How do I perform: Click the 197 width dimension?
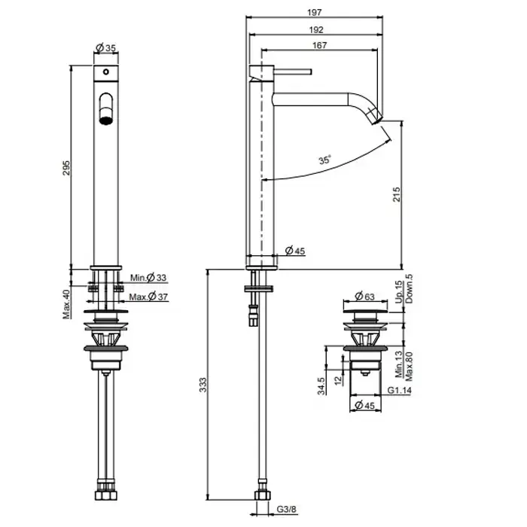click(314, 13)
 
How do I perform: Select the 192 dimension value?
click(316, 30)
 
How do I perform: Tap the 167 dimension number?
click(319, 45)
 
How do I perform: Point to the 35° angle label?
click(324, 160)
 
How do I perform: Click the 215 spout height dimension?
click(397, 194)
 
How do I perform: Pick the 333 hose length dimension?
click(203, 385)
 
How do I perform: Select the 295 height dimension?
click(66, 168)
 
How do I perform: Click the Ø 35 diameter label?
click(105, 47)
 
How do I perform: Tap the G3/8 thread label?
click(287, 509)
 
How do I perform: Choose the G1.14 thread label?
click(399, 390)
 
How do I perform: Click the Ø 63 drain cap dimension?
click(364, 297)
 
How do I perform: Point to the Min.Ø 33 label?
click(148, 278)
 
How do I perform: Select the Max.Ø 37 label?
click(148, 297)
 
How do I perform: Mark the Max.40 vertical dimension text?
click(66, 304)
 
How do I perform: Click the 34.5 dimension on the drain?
click(321, 385)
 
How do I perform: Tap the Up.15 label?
click(398, 292)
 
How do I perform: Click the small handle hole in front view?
click(106, 72)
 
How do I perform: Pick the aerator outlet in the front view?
click(106, 120)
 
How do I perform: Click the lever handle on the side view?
click(293, 72)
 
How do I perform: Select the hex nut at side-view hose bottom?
click(263, 495)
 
